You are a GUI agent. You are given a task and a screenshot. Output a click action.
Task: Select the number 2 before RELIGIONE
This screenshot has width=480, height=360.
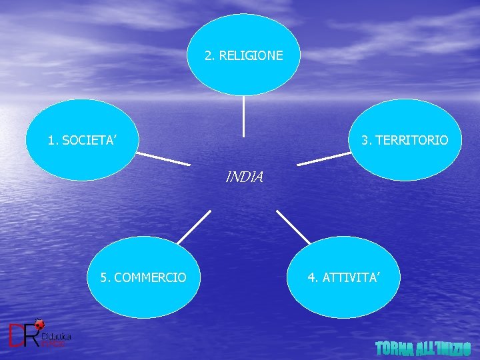pos(209,55)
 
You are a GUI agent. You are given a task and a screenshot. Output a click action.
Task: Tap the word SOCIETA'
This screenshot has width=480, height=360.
pos(91,141)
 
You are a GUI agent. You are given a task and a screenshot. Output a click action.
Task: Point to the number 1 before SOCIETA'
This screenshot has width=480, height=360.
pos(52,141)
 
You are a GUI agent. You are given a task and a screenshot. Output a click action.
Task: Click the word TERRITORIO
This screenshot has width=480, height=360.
pos(411,141)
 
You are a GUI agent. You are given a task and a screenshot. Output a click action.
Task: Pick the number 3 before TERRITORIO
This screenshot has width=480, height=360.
pos(365,141)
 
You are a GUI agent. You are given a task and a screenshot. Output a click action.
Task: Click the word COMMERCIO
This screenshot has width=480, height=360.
pos(151,277)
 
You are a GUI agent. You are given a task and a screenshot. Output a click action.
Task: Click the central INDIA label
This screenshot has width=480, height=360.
pos(245,177)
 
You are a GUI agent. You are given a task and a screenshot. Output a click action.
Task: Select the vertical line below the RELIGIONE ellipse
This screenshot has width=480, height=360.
pos(244,116)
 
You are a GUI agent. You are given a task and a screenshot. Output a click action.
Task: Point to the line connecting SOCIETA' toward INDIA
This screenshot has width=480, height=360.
pos(163,159)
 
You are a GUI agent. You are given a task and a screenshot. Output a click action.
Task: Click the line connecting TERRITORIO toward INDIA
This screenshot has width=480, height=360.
pos(324,159)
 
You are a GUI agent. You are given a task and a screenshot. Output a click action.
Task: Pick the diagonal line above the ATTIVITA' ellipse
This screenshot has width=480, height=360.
pos(293,227)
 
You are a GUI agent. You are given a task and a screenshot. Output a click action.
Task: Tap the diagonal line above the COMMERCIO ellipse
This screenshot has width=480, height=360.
pos(195,227)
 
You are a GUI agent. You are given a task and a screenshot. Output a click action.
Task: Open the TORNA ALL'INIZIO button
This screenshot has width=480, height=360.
pos(423,348)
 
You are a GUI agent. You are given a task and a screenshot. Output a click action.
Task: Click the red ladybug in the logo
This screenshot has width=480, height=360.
pos(39,325)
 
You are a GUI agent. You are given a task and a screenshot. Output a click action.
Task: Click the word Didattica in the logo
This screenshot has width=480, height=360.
pos(56,337)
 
